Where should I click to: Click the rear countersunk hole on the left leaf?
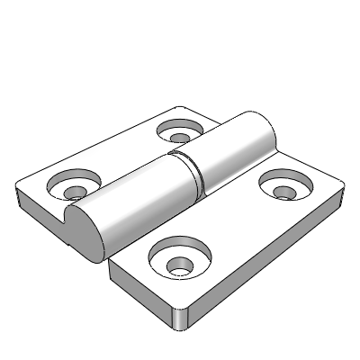tap(180, 133)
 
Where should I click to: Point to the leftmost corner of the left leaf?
tap(18, 191)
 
